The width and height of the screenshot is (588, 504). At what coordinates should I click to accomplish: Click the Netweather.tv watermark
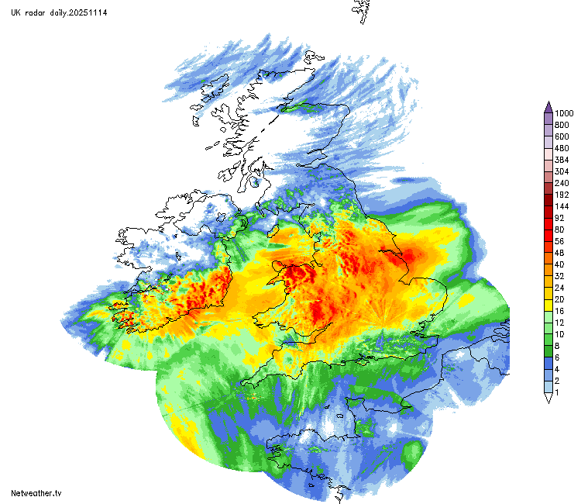click(x=36, y=493)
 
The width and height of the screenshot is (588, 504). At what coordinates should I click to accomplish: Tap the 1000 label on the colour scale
click(x=563, y=113)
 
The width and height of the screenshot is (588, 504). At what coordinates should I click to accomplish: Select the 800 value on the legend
click(x=562, y=125)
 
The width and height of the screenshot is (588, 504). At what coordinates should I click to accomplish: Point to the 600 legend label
click(x=562, y=136)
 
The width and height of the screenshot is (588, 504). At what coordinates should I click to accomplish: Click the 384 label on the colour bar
click(x=562, y=160)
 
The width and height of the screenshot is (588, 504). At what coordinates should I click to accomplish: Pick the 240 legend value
click(x=562, y=183)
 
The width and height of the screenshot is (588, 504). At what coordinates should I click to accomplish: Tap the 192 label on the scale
click(x=562, y=195)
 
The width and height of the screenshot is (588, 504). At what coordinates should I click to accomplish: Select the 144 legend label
click(x=562, y=206)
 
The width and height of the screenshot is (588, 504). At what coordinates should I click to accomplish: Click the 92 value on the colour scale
click(x=559, y=218)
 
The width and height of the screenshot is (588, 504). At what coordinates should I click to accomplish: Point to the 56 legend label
click(x=559, y=241)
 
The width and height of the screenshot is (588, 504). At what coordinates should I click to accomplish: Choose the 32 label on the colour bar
click(x=559, y=276)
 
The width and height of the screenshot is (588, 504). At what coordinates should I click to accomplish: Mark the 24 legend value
click(x=559, y=288)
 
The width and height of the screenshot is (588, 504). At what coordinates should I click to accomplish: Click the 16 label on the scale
click(x=559, y=311)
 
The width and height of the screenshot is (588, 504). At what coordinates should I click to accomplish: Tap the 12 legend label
click(x=559, y=323)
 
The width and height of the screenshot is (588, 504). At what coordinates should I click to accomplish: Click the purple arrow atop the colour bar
click(x=548, y=106)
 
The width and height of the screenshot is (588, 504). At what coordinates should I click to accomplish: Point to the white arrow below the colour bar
click(x=548, y=398)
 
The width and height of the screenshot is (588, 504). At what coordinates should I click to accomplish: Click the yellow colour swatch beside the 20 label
click(x=548, y=299)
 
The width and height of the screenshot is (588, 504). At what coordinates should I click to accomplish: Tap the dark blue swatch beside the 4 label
click(x=548, y=369)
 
